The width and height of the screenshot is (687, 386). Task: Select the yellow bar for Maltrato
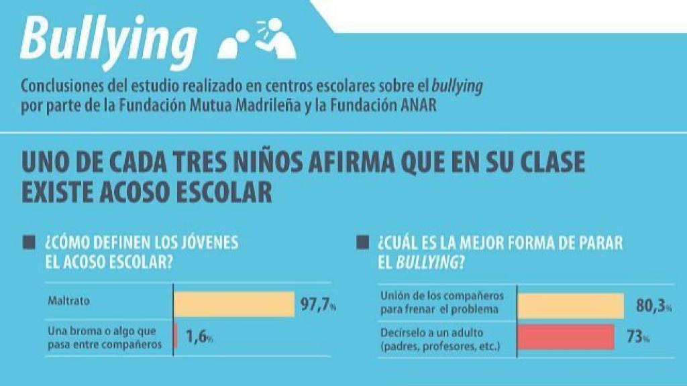[x=234, y=304]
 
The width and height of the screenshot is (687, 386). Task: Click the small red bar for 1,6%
[x=176, y=337]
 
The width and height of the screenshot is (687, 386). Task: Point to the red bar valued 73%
[x=566, y=337]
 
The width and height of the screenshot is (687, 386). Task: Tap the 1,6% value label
[x=199, y=338]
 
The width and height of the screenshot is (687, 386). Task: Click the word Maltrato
[x=68, y=301]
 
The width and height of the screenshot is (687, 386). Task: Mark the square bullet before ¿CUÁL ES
[x=364, y=241]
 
